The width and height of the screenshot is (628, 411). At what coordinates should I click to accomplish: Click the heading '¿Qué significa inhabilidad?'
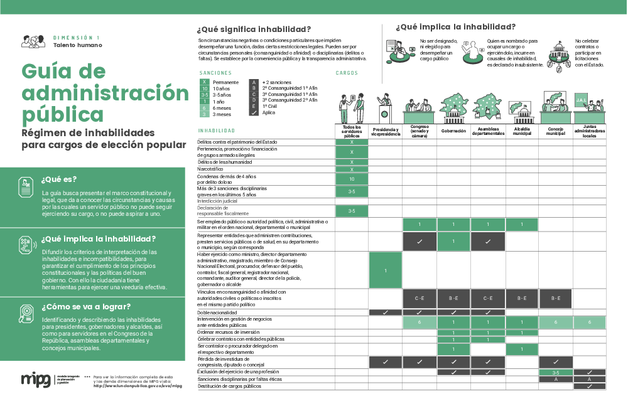pos(254,29)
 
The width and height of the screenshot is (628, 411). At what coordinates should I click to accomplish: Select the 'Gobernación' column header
pos(453,131)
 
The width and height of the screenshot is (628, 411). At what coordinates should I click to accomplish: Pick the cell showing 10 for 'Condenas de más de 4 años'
pos(352,179)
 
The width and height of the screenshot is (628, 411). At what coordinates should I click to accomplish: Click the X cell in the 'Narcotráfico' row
pos(352,169)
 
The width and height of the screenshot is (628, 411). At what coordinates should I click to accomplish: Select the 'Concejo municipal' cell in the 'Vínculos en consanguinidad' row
pos(556,299)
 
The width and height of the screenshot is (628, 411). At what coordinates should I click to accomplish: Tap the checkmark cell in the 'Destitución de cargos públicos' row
pos(589,387)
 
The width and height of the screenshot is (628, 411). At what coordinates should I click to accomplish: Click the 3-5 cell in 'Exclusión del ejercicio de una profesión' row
pos(556,373)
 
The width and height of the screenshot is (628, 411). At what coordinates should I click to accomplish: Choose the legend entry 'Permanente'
pos(225,82)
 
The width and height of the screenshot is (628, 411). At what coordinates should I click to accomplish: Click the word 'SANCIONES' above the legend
pos(215,73)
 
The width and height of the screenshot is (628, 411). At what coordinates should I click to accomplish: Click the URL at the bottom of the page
pos(138,386)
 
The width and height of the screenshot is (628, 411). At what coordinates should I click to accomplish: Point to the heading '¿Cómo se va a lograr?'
pos(86,307)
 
